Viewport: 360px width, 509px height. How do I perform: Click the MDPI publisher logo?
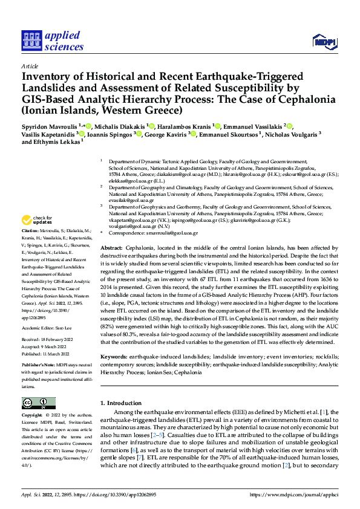click(x=324, y=41)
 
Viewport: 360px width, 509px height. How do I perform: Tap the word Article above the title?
click(x=30, y=67)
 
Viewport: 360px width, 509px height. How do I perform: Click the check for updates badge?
click(x=38, y=220)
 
